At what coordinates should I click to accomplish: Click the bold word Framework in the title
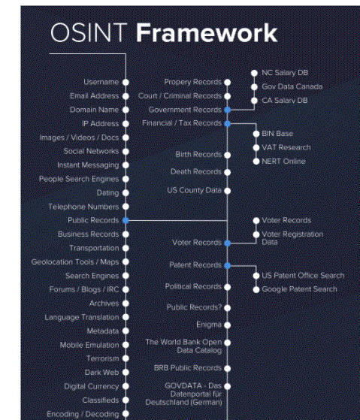(x=207, y=32)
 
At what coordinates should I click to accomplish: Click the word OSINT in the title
(x=89, y=32)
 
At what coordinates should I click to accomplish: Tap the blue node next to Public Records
(x=126, y=220)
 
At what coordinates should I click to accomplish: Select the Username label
(x=101, y=82)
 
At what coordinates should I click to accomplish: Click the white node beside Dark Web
(x=126, y=373)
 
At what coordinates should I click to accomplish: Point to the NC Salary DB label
(x=285, y=73)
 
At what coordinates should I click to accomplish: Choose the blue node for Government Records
(x=228, y=110)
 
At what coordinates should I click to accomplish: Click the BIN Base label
(x=277, y=134)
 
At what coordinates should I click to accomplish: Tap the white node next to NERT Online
(x=256, y=162)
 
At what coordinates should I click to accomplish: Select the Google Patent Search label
(x=299, y=289)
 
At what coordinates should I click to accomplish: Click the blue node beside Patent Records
(x=228, y=266)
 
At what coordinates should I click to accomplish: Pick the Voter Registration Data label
(x=292, y=238)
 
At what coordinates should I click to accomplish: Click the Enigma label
(x=209, y=325)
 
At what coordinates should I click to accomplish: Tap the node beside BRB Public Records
(x=228, y=369)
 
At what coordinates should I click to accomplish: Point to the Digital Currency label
(x=92, y=386)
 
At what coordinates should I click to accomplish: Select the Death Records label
(x=196, y=172)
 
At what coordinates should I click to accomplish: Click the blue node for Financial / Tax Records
(x=228, y=124)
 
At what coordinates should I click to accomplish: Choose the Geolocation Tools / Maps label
(x=75, y=262)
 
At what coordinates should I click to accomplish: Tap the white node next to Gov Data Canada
(x=254, y=87)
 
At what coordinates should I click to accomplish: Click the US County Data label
(x=194, y=190)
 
